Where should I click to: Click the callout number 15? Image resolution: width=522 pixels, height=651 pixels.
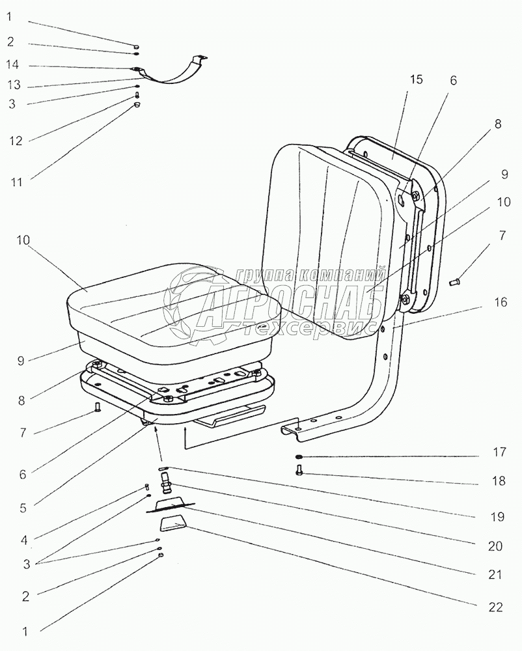pyautogui.click(x=416, y=79)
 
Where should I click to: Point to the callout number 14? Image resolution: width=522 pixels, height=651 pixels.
pyautogui.click(x=12, y=64)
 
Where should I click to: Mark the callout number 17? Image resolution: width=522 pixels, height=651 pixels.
pyautogui.click(x=499, y=451)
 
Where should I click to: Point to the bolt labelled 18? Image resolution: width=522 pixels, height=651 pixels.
pyautogui.click(x=299, y=471)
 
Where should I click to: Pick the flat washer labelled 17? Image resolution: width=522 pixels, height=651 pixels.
pyautogui.click(x=299, y=457)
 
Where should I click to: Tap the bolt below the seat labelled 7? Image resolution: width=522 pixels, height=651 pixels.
pyautogui.click(x=98, y=408)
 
